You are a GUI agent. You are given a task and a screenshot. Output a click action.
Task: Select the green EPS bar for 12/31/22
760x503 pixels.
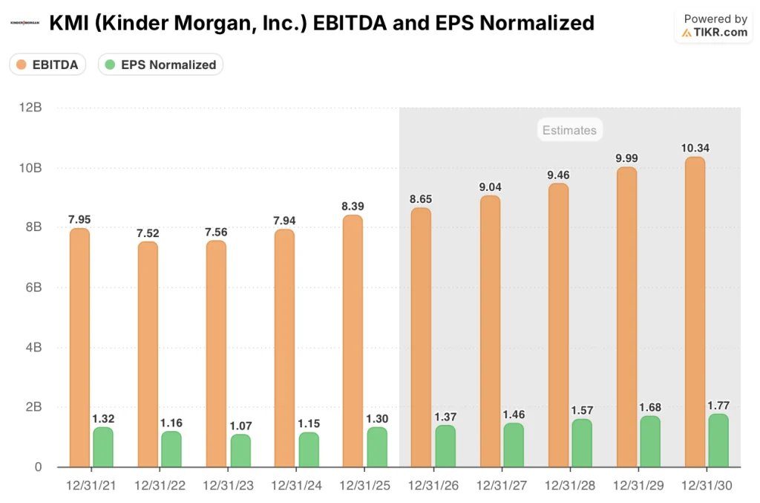coord(171,450)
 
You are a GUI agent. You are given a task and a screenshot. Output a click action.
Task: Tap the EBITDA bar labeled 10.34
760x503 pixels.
coord(695,312)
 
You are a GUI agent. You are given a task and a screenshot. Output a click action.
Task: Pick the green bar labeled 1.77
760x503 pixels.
coord(718,441)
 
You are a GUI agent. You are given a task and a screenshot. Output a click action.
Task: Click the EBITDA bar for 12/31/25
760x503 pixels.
coord(353,341)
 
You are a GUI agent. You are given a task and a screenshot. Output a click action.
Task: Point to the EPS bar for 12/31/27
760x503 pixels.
coord(513,445)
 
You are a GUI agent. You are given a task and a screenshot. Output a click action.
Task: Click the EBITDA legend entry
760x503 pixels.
coord(48,65)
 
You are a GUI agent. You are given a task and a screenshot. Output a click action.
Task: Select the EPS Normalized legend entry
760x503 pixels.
coord(161,65)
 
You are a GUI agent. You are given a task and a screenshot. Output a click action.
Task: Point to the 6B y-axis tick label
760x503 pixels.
coord(32,288)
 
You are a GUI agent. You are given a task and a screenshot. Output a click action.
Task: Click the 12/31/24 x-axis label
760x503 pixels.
coord(296,486)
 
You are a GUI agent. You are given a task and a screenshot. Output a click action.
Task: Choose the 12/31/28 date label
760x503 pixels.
coord(570,486)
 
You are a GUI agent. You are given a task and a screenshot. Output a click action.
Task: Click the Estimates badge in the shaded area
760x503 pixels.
coord(569,131)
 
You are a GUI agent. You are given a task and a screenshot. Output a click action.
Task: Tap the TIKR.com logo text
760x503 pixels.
coord(715,33)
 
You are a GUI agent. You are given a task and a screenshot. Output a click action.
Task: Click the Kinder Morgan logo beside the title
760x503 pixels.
coord(24,23)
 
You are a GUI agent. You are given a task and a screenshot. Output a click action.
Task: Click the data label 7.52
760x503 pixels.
coord(148,233)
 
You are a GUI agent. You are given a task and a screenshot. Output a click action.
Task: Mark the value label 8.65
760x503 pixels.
coord(421,199)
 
